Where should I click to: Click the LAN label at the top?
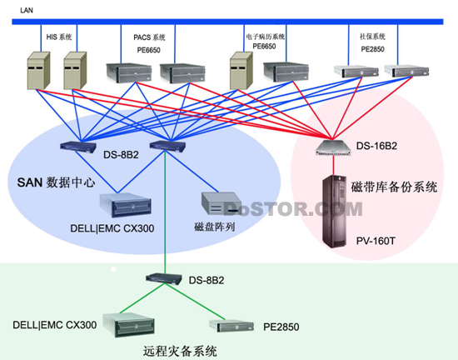(27, 10)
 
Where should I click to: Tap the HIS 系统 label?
(59, 37)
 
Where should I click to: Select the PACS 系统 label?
(149, 37)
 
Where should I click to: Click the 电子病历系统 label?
(265, 37)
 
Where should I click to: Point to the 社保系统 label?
(372, 37)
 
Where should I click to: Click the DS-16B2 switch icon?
(334, 147)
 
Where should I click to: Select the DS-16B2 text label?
(376, 146)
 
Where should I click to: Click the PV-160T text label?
(376, 241)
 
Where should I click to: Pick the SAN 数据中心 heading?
(56, 182)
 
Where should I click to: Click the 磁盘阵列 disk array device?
(222, 203)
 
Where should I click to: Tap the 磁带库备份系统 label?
(394, 187)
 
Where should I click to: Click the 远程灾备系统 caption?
(180, 351)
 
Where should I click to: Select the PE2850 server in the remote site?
(231, 326)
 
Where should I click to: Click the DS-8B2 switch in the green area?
(163, 278)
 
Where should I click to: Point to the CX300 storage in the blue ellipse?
(125, 205)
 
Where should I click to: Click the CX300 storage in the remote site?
(128, 325)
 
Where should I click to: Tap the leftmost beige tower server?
(38, 71)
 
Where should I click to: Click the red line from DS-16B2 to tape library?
(333, 165)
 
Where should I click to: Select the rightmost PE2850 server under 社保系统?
(406, 71)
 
